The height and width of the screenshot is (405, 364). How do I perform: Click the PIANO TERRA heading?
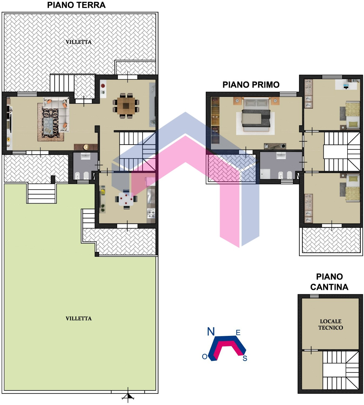click(76, 5)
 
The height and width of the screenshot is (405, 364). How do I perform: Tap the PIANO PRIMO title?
click(251, 85)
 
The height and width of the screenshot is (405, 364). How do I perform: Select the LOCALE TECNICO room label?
click(331, 325)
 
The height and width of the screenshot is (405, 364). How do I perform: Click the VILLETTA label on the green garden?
click(79, 318)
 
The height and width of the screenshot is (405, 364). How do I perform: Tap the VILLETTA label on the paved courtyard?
click(79, 42)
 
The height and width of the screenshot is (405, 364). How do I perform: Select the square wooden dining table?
click(126, 105)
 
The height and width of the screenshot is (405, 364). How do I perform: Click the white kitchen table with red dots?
click(126, 199)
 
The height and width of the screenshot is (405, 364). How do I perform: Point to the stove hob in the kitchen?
click(151, 213)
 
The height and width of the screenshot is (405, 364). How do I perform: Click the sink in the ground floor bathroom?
click(85, 156)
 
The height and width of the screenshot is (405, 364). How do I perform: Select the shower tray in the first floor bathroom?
click(265, 174)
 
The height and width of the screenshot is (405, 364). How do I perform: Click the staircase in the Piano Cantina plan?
click(341, 370)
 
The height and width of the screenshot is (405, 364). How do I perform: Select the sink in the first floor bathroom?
click(281, 156)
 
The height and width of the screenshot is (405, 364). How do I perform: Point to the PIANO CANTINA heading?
click(329, 282)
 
